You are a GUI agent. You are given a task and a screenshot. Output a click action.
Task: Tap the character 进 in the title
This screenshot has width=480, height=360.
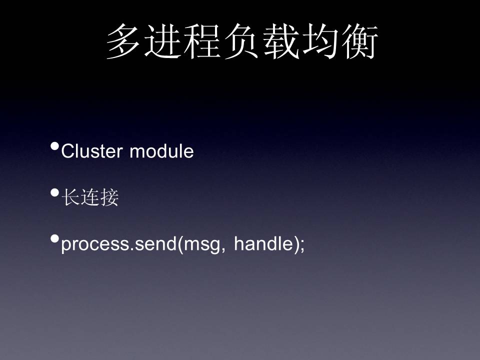(x=162, y=41)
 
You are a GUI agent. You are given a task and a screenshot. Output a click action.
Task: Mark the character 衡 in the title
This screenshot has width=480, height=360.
(x=359, y=41)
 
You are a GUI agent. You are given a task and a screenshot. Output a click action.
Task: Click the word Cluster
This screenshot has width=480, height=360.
(x=92, y=151)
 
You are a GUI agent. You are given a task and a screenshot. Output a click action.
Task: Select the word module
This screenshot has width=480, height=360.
(x=161, y=151)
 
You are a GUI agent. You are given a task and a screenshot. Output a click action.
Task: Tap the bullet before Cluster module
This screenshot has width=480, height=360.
(x=55, y=146)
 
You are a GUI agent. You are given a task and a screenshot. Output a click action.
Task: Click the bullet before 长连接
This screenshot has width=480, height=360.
(x=55, y=192)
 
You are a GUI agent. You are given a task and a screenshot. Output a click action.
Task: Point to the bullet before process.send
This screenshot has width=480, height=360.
(x=55, y=238)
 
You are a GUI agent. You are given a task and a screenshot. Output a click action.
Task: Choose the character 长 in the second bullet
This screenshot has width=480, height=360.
(x=70, y=197)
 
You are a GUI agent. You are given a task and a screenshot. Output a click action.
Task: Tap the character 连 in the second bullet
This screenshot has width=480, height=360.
(x=90, y=197)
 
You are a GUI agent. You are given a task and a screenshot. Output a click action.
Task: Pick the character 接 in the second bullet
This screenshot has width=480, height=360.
(x=109, y=197)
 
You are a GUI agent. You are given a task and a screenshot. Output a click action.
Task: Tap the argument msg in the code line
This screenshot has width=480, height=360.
(x=201, y=245)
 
